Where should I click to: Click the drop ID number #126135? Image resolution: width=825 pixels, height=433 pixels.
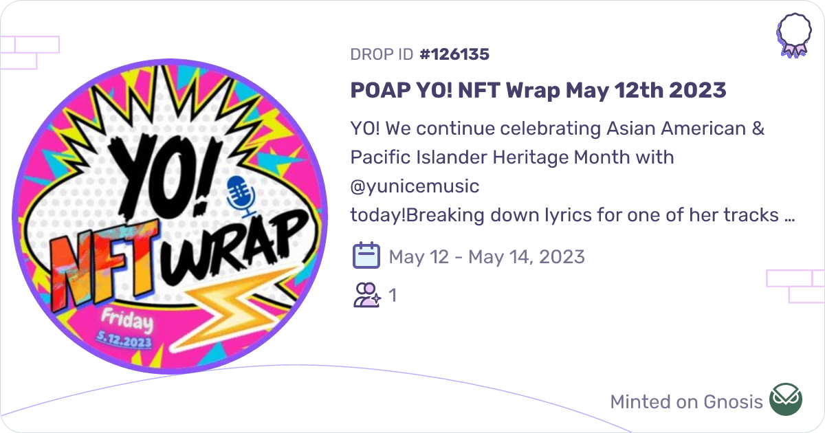point(454,54)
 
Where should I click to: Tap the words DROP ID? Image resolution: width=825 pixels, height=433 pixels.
point(382,54)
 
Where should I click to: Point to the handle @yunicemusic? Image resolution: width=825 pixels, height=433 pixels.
point(415,186)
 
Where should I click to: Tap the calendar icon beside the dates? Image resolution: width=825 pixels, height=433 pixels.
point(366,256)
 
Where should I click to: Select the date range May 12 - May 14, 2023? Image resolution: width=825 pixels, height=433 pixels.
point(487,257)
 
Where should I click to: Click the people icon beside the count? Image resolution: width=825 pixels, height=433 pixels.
point(366,296)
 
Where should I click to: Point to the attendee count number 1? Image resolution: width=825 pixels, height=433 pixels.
point(393,296)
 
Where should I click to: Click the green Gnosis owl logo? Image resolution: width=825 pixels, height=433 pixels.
point(785,400)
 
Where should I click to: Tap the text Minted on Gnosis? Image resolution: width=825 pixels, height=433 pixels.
point(686,401)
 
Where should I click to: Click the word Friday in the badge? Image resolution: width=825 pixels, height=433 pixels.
point(127,320)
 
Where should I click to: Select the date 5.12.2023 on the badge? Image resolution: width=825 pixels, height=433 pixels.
point(126,338)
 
